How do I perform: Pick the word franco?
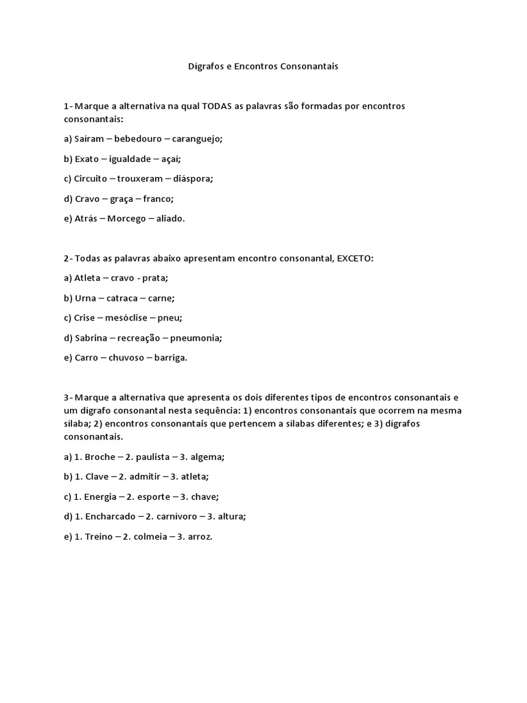tap(158, 198)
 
